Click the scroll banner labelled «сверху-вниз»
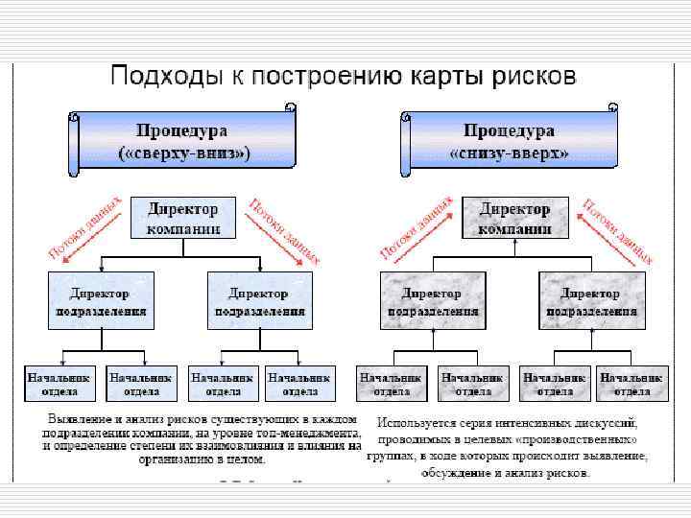pyautogui.click(x=183, y=141)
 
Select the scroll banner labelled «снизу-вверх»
pyautogui.click(x=510, y=141)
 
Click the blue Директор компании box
pyautogui.click(x=182, y=218)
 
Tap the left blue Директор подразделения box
pyautogui.click(x=100, y=301)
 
